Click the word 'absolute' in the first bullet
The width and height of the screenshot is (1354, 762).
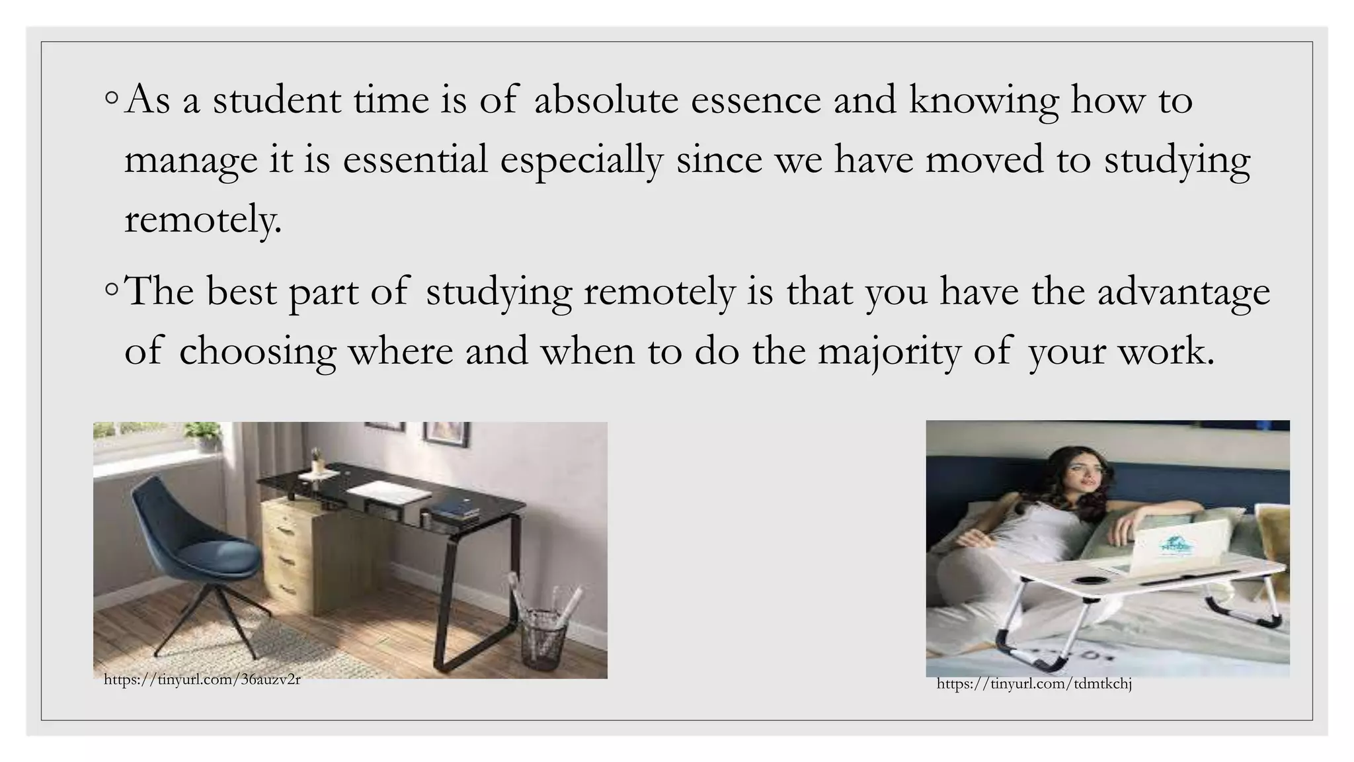point(606,101)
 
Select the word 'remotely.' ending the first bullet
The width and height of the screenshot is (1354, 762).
point(203,220)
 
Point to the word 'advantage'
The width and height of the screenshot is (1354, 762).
point(1183,292)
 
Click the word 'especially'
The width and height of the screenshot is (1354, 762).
point(581,161)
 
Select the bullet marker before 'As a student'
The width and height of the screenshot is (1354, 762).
point(112,98)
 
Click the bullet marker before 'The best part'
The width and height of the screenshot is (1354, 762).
point(112,290)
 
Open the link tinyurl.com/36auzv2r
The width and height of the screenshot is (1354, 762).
point(202,679)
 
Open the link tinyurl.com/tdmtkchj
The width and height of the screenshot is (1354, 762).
point(1034,684)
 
